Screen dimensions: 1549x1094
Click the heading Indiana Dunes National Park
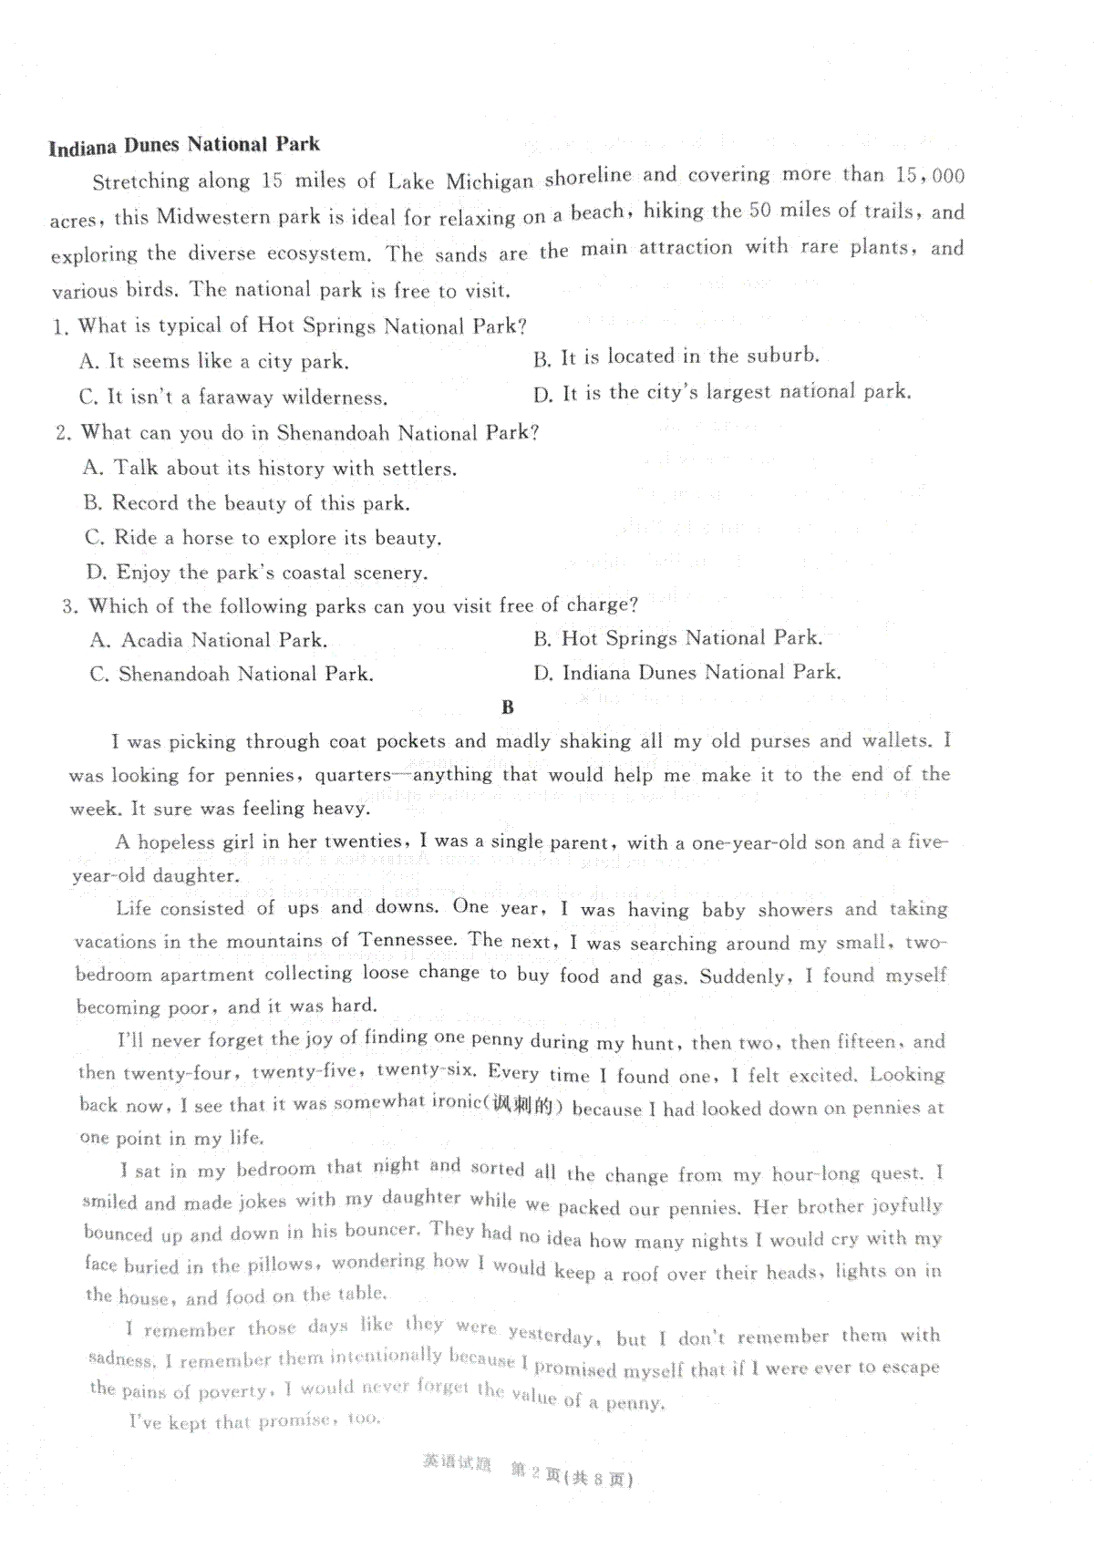coord(184,146)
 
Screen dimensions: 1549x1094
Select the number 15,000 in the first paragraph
coord(930,175)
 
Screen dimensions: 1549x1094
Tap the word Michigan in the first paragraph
coord(490,181)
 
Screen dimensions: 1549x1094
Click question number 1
coord(60,326)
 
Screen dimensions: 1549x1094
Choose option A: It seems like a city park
coord(214,361)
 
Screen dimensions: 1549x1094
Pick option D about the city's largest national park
coord(722,393)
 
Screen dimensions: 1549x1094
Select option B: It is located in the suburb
coord(676,356)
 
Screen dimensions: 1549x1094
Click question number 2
coord(63,433)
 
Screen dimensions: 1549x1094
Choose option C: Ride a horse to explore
coord(263,538)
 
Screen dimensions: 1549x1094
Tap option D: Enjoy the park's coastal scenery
coord(257,573)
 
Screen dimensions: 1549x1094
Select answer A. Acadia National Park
coord(209,640)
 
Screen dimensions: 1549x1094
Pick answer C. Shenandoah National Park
coord(232,675)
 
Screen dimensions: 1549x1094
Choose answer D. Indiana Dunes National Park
coord(687,673)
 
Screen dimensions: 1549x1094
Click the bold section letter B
coord(508,707)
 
